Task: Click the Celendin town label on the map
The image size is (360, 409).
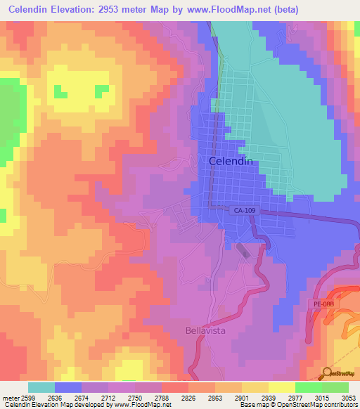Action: pyautogui.click(x=231, y=161)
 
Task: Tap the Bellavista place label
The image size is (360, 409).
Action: pyautogui.click(x=205, y=330)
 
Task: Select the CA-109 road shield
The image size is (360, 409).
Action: pyautogui.click(x=244, y=209)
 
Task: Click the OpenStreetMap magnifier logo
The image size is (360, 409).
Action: pyautogui.click(x=326, y=372)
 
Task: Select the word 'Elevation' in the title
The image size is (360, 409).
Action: pyautogui.click(x=80, y=10)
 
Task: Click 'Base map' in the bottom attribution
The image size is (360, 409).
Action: pyautogui.click(x=252, y=405)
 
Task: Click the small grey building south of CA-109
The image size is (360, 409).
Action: pyautogui.click(x=243, y=251)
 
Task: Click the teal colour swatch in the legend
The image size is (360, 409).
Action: pyautogui.click(x=41, y=387)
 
